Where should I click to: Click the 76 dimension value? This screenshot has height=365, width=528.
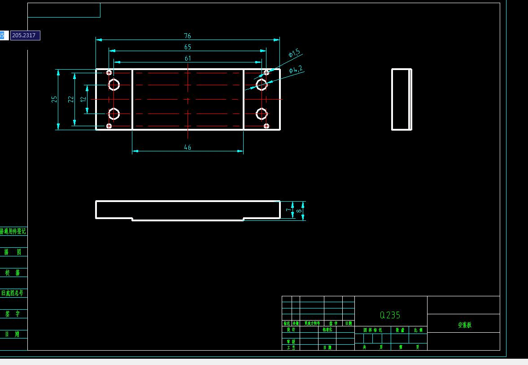click(x=188, y=36)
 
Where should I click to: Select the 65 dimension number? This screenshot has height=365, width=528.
click(x=188, y=47)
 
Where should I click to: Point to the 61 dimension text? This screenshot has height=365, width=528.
click(x=188, y=58)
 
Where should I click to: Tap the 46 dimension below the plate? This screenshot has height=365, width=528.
click(x=188, y=147)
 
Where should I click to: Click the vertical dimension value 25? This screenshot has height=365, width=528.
click(x=54, y=99)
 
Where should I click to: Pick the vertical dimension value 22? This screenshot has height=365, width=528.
click(x=71, y=99)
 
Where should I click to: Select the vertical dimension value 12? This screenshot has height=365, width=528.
click(x=83, y=99)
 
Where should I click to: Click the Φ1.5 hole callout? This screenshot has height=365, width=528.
click(x=294, y=53)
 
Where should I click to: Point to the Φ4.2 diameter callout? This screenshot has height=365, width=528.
click(x=296, y=70)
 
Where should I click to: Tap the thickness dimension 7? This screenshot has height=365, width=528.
click(x=289, y=210)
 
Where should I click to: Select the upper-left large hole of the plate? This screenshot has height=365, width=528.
click(x=114, y=84)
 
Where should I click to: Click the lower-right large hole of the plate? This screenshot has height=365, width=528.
click(x=262, y=114)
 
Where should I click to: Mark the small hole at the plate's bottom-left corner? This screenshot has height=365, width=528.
click(x=109, y=126)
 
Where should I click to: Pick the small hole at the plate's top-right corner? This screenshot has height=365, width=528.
click(x=266, y=72)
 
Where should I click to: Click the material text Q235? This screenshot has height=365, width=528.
click(x=390, y=315)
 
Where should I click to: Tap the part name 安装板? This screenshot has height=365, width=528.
click(x=464, y=325)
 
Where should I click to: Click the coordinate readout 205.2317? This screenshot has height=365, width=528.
click(x=25, y=35)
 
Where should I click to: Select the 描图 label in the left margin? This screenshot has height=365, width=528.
click(x=13, y=252)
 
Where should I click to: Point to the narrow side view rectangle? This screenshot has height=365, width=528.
click(x=401, y=99)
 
